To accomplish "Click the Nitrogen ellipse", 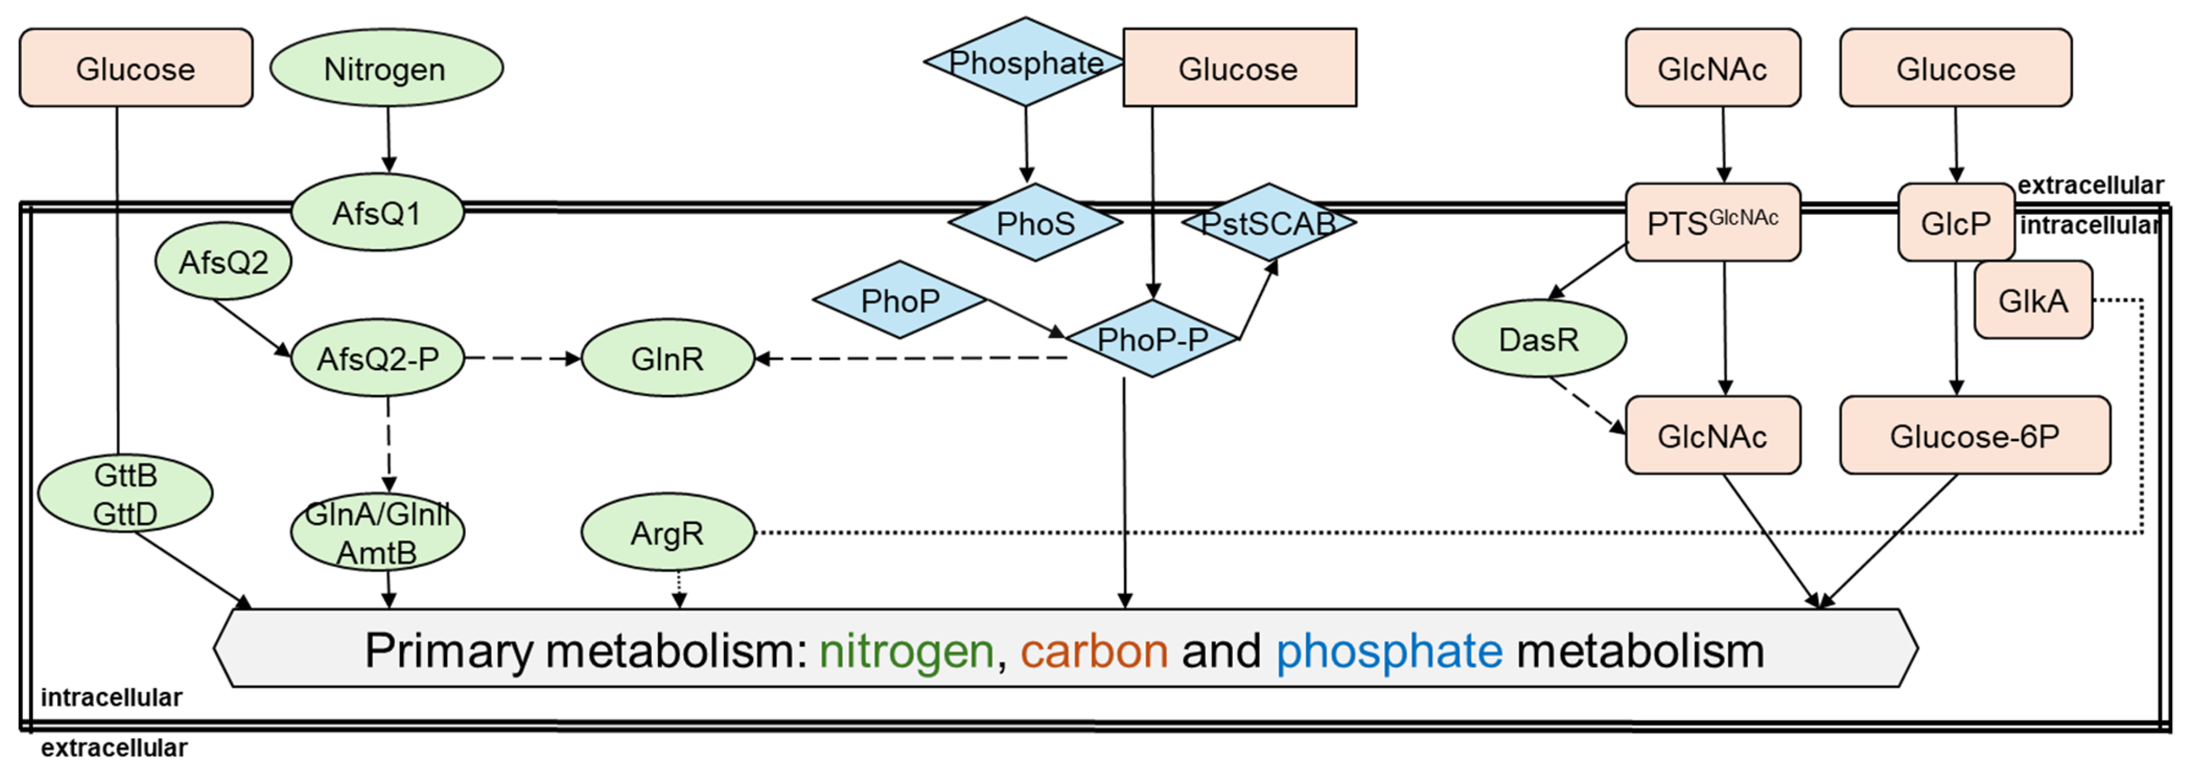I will (x=386, y=68).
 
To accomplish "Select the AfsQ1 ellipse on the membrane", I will (x=378, y=213).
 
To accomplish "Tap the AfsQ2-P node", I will (x=378, y=359).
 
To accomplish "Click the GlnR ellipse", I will (x=667, y=359).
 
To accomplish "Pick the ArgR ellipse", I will (x=667, y=533).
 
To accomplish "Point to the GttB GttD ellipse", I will (x=125, y=494).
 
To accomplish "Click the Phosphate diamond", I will (x=1025, y=62).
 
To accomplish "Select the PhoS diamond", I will (x=1035, y=223).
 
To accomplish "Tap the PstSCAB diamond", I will (x=1268, y=223).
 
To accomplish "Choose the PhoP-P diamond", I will (x=1152, y=339).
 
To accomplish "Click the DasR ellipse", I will (x=1539, y=339).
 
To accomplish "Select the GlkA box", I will (x=2033, y=301).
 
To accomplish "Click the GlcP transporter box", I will (x=1956, y=223).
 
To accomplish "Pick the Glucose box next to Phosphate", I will (x=1239, y=68).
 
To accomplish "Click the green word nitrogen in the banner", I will (x=906, y=652).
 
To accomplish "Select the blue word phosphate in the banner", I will (x=1389, y=652).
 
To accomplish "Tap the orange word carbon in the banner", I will (x=1094, y=652).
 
